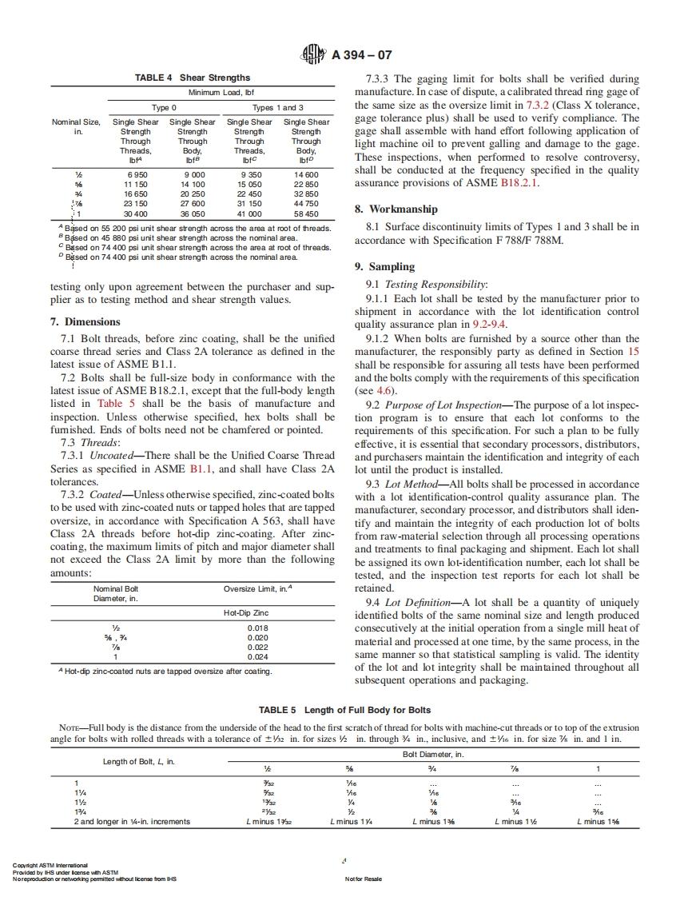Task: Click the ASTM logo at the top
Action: coord(316,55)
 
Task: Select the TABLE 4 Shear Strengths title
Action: coord(192,78)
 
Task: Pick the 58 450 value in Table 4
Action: coord(306,213)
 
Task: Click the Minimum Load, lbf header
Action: coord(221,93)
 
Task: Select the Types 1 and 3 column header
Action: coord(278,107)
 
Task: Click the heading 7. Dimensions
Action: coord(86,322)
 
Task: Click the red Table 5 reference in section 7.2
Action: coord(110,403)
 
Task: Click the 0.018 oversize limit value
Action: coord(258,628)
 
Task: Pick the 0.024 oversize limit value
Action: coord(258,656)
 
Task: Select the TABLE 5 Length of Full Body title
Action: coord(344,710)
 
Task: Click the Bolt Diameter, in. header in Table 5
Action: coord(432,754)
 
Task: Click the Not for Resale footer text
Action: coord(363,879)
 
